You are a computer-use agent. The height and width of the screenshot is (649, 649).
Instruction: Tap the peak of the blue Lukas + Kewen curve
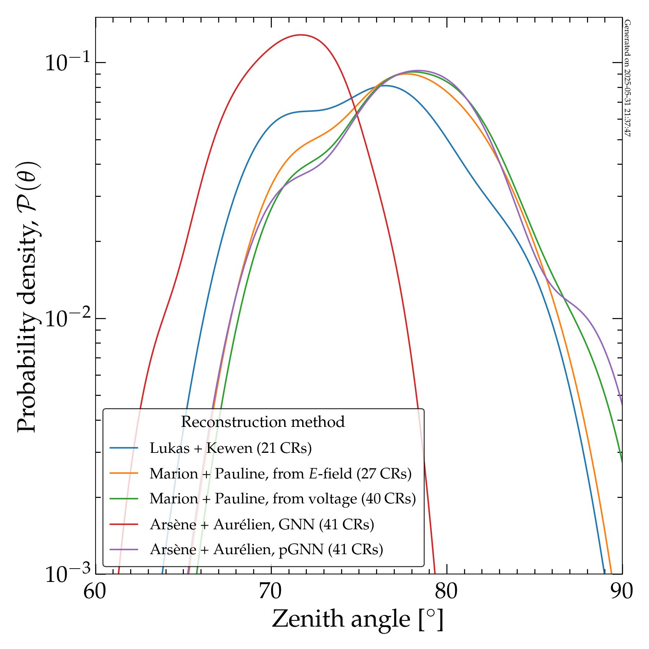385,85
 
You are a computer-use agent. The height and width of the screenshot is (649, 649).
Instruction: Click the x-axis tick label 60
95,592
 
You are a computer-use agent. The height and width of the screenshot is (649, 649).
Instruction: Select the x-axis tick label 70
271,592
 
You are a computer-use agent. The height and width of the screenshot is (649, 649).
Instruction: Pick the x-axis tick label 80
447,592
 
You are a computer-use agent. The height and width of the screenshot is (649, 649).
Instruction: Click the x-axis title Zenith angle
357,619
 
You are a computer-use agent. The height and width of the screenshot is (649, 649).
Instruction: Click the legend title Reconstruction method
263,422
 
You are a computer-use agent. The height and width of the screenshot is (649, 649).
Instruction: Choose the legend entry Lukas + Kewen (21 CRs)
230,448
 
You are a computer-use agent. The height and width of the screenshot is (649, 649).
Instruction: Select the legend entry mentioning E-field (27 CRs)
280,473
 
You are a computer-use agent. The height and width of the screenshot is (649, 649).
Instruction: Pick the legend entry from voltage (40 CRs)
283,499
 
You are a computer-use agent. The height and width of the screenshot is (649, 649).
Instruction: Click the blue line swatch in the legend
124,448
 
